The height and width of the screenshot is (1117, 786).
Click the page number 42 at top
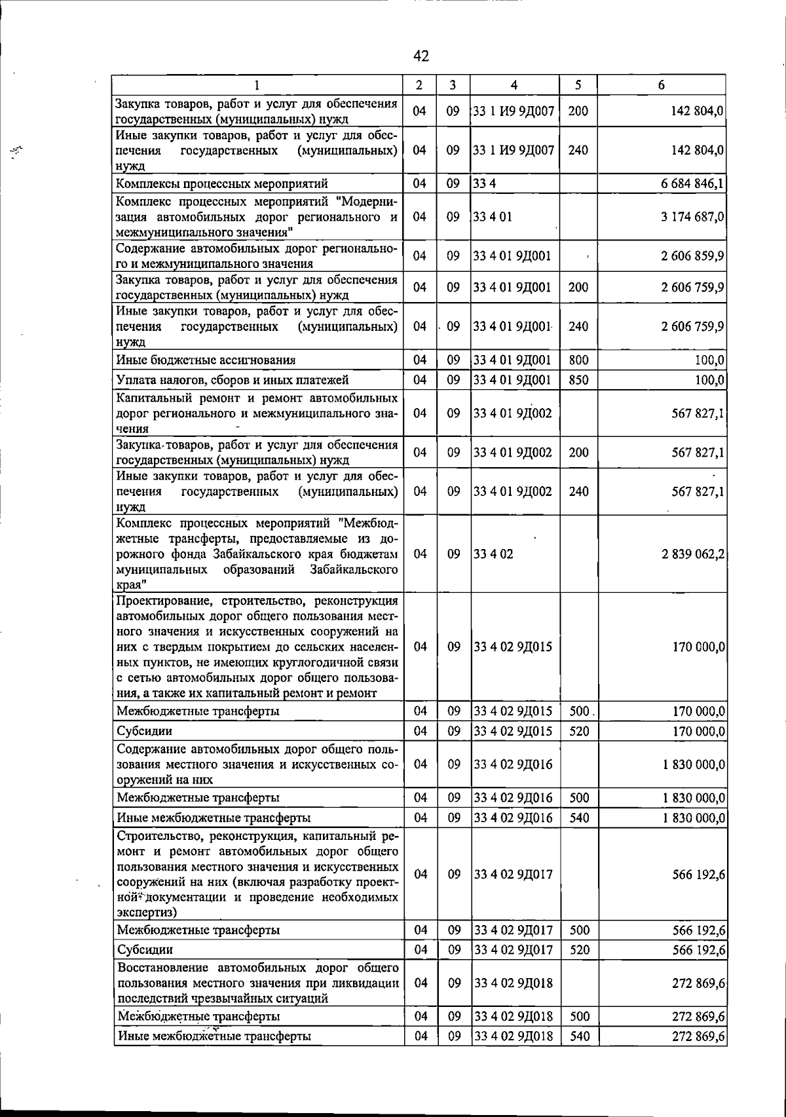coord(421,57)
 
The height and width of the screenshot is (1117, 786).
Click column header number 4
coord(514,85)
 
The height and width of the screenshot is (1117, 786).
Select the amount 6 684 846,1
coord(692,183)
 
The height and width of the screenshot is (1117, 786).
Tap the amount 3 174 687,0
coord(692,216)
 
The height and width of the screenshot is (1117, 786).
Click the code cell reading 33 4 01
coord(493,216)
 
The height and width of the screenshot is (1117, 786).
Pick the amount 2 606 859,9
coord(692,256)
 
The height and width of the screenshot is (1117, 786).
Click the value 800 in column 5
coord(578,360)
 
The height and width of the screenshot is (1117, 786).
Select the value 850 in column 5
coord(578,380)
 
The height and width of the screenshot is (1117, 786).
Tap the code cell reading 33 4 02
coord(493,554)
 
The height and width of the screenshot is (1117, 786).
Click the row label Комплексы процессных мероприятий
coord(221,183)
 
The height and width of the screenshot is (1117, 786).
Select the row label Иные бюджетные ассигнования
coord(206,360)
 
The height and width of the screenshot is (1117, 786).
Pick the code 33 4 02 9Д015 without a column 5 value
coord(513,647)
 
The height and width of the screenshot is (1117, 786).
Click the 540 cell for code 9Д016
coord(579,818)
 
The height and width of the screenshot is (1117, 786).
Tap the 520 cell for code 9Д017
coord(579,950)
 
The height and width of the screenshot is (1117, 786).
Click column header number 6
coord(662,85)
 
